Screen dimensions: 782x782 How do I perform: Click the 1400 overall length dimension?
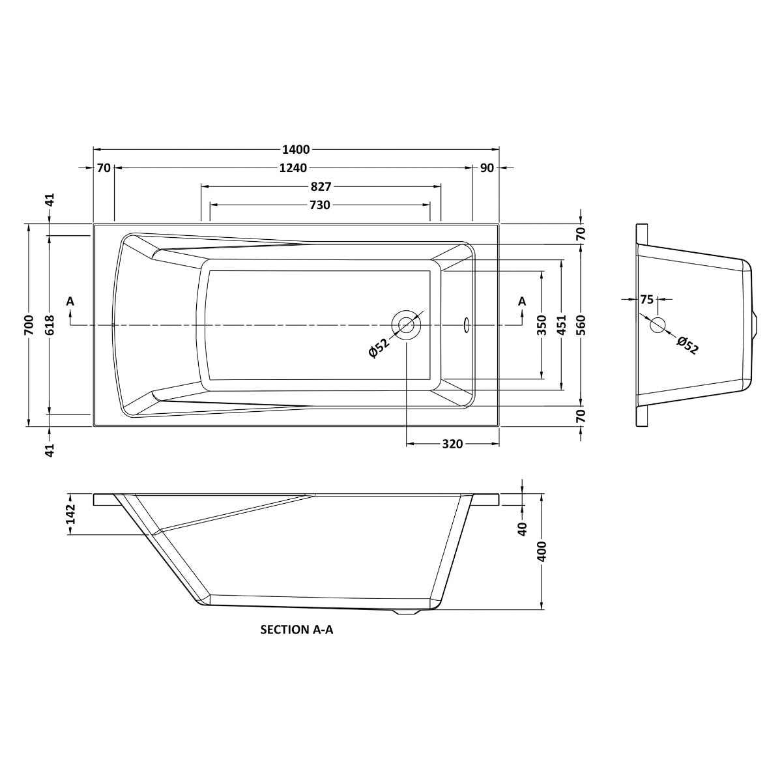[x=296, y=149]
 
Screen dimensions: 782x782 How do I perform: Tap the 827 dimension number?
[x=320, y=187]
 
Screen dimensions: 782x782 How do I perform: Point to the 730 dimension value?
[x=319, y=205]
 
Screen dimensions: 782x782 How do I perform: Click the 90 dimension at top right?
[x=486, y=168]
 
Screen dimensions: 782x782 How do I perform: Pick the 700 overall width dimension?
[x=29, y=325]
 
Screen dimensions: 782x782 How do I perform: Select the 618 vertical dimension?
[x=50, y=325]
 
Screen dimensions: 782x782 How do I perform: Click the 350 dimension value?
[x=542, y=325]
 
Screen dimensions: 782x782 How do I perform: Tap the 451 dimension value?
[x=561, y=325]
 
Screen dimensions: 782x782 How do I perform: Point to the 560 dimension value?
[x=581, y=325]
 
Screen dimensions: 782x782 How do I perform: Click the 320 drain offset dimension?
[x=452, y=444]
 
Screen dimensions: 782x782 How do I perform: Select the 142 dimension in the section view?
[x=71, y=514]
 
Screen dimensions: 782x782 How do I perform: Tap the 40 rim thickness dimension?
[x=522, y=529]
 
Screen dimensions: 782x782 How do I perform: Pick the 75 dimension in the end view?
[x=646, y=300]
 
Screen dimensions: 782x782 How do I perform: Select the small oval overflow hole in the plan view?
[x=466, y=323]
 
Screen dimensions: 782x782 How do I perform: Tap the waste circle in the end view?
[x=658, y=325]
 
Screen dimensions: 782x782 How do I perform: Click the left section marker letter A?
[x=70, y=301]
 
